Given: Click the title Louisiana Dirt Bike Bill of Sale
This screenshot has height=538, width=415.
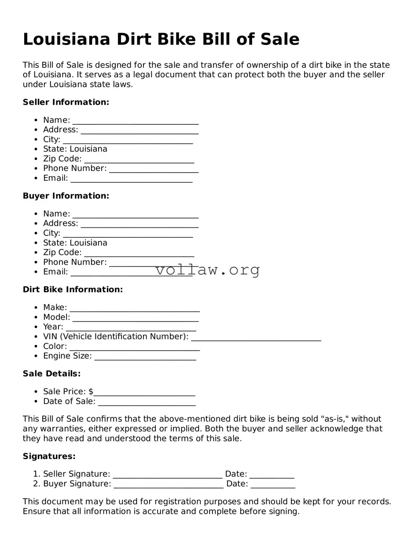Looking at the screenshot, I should (161, 39).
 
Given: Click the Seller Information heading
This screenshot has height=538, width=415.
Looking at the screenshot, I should (66, 102).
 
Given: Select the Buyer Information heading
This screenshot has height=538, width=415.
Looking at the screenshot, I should (66, 196).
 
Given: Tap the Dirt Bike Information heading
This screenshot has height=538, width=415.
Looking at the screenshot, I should (73, 289).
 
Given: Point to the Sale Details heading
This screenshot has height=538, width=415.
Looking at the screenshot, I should (51, 374).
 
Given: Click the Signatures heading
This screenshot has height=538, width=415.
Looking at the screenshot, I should (49, 456).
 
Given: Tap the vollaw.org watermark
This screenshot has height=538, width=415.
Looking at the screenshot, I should (208, 270).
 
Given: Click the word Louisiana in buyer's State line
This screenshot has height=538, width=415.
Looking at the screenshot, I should (88, 243).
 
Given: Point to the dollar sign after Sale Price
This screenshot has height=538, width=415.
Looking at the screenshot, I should (91, 392).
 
